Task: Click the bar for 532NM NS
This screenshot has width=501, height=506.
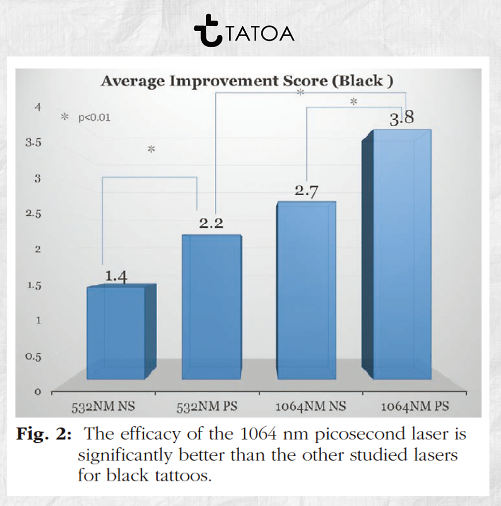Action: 116,332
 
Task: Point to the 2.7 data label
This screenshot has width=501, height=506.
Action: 307,192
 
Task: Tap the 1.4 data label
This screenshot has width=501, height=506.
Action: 116,277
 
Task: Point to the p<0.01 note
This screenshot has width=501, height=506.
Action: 93,118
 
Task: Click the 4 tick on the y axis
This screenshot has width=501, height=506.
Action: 37,107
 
